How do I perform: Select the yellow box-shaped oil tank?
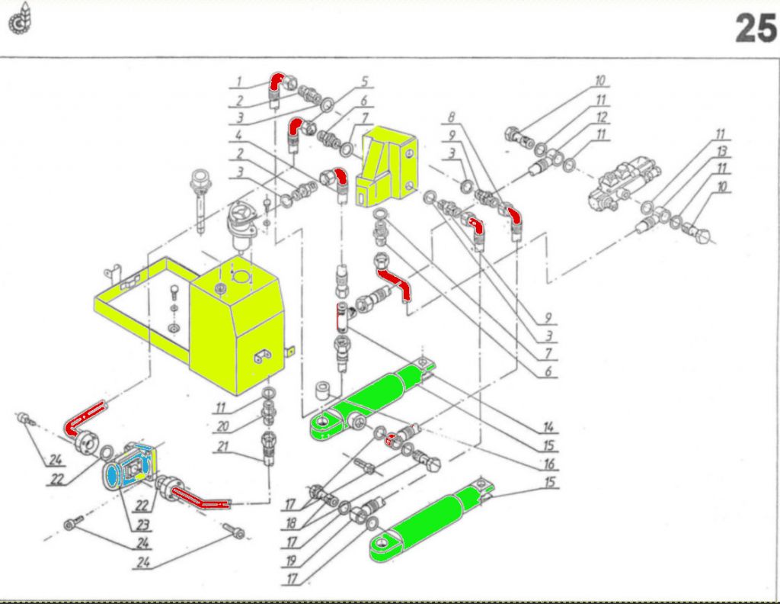237,328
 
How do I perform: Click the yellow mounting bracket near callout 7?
388,169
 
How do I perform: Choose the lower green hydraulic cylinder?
430,527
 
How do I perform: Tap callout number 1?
238,82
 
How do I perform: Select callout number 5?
365,80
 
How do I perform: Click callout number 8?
451,119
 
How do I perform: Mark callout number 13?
721,153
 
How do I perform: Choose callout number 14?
548,426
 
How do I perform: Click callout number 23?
142,525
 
